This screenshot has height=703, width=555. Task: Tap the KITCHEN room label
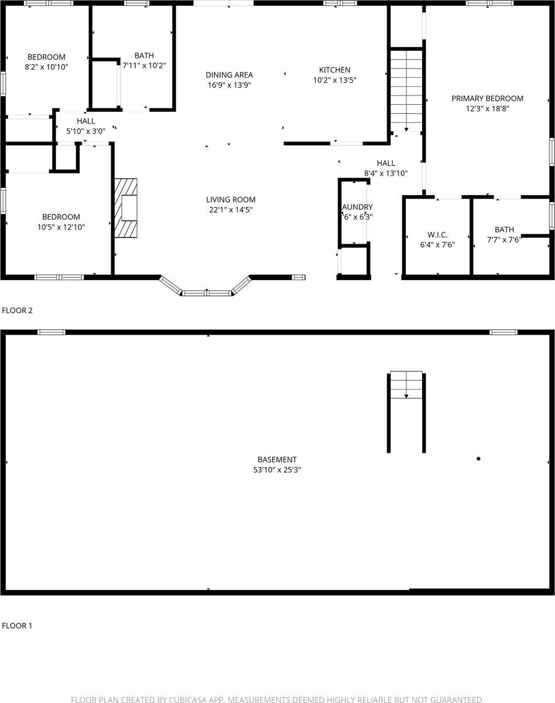click(334, 70)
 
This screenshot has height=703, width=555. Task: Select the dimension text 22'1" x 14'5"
click(231, 210)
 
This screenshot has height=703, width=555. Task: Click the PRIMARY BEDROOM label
click(487, 98)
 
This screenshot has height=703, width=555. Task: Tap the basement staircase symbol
click(406, 385)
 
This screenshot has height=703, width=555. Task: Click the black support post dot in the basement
click(478, 459)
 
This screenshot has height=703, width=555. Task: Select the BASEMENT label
click(277, 460)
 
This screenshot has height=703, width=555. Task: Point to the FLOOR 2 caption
click(17, 310)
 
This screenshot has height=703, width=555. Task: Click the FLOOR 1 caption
click(17, 626)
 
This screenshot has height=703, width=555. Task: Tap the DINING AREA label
click(229, 75)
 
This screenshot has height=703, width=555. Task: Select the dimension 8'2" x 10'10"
click(46, 67)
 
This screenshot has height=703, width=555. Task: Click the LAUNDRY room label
click(357, 207)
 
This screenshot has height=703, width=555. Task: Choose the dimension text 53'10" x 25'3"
click(277, 470)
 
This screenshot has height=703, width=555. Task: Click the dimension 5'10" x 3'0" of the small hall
click(85, 131)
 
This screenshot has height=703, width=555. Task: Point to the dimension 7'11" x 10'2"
click(143, 66)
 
